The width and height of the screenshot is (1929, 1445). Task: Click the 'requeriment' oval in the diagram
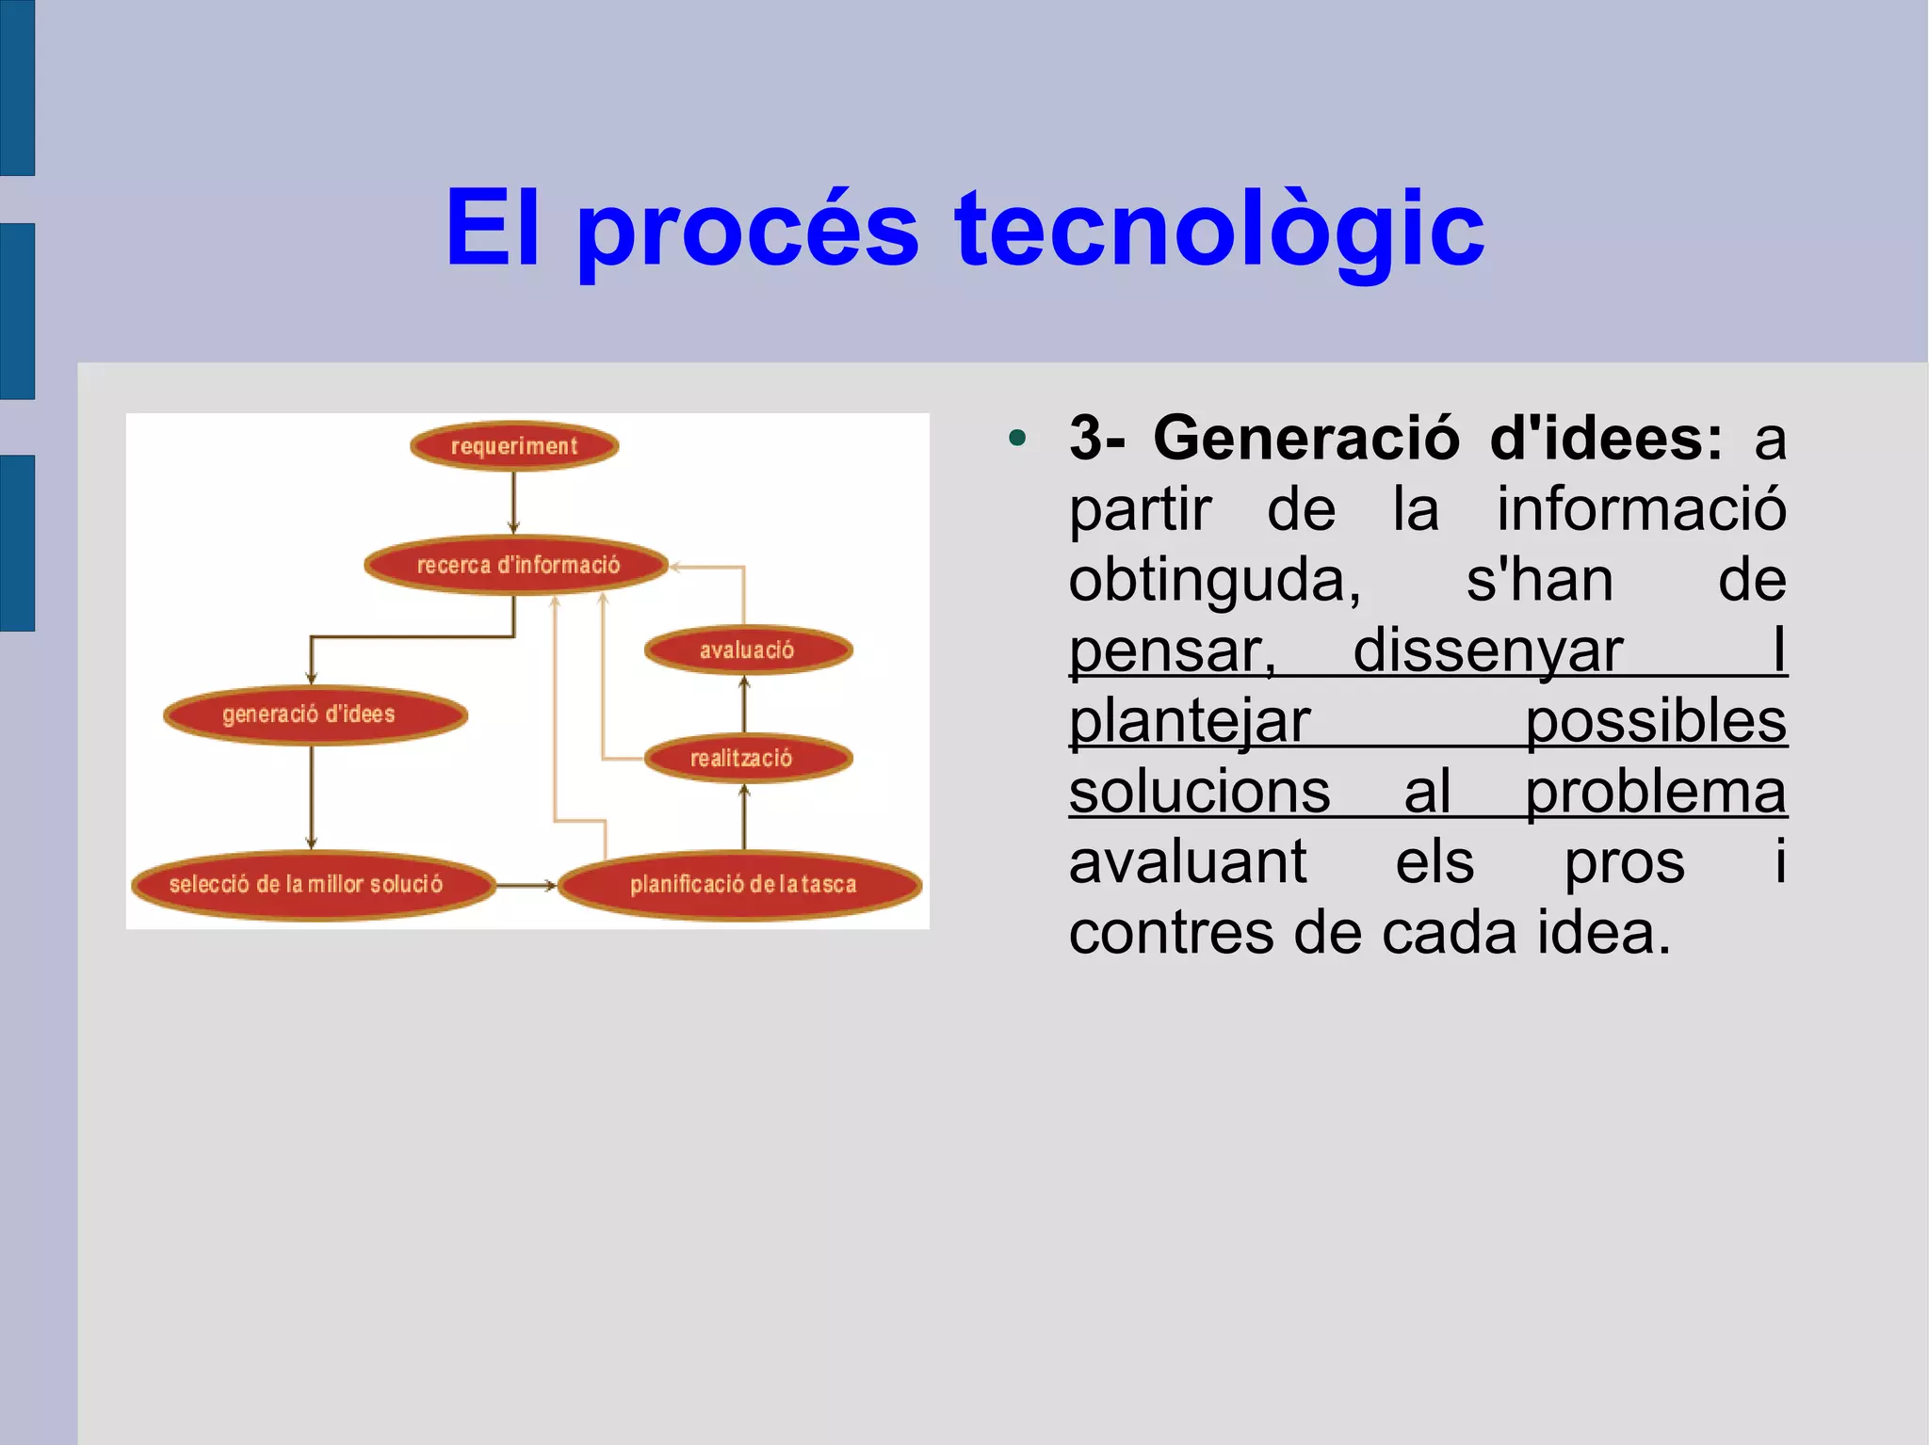[x=514, y=446]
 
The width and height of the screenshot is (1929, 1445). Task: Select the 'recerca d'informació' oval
[x=517, y=565]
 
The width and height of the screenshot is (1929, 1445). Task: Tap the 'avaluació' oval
[x=748, y=650]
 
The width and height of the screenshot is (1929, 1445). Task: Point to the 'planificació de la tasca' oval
[x=740, y=885]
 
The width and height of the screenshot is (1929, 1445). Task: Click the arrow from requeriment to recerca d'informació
[x=513, y=503]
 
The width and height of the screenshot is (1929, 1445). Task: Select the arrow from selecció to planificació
[x=526, y=885]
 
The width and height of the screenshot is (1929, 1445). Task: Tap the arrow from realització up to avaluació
[x=744, y=703]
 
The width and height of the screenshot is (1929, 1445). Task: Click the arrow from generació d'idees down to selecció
[x=312, y=796]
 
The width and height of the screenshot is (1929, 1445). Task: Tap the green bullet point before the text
[x=1016, y=438]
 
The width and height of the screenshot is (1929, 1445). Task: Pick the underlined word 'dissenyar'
[x=1488, y=650]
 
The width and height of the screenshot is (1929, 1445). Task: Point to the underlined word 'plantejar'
[x=1189, y=721]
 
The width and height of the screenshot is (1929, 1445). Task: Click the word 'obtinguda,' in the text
[x=1215, y=580]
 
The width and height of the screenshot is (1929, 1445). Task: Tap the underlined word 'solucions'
[x=1199, y=792]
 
